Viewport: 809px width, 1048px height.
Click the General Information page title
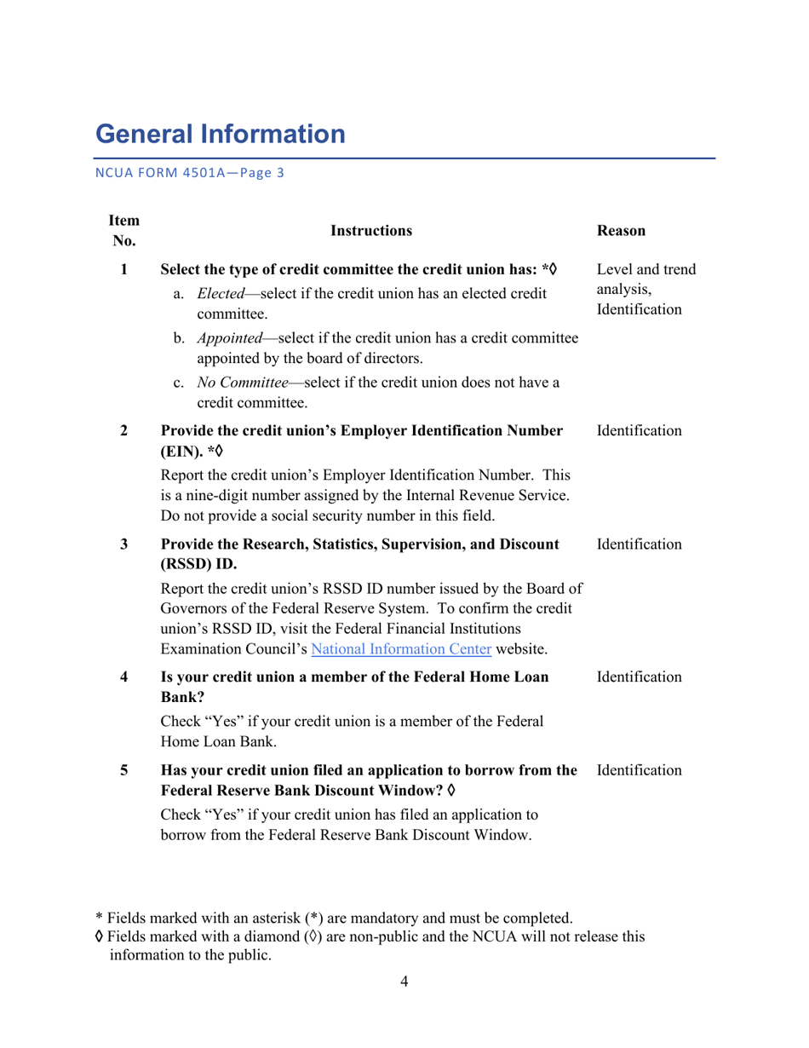[221, 135]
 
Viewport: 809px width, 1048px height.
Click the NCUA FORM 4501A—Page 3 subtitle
[188, 173]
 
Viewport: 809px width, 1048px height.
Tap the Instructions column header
[370, 230]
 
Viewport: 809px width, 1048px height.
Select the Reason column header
[622, 230]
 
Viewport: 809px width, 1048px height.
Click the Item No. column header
[123, 230]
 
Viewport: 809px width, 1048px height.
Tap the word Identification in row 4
[640, 677]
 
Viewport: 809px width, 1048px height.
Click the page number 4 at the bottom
[404, 982]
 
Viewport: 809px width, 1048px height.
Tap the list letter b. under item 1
[179, 339]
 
